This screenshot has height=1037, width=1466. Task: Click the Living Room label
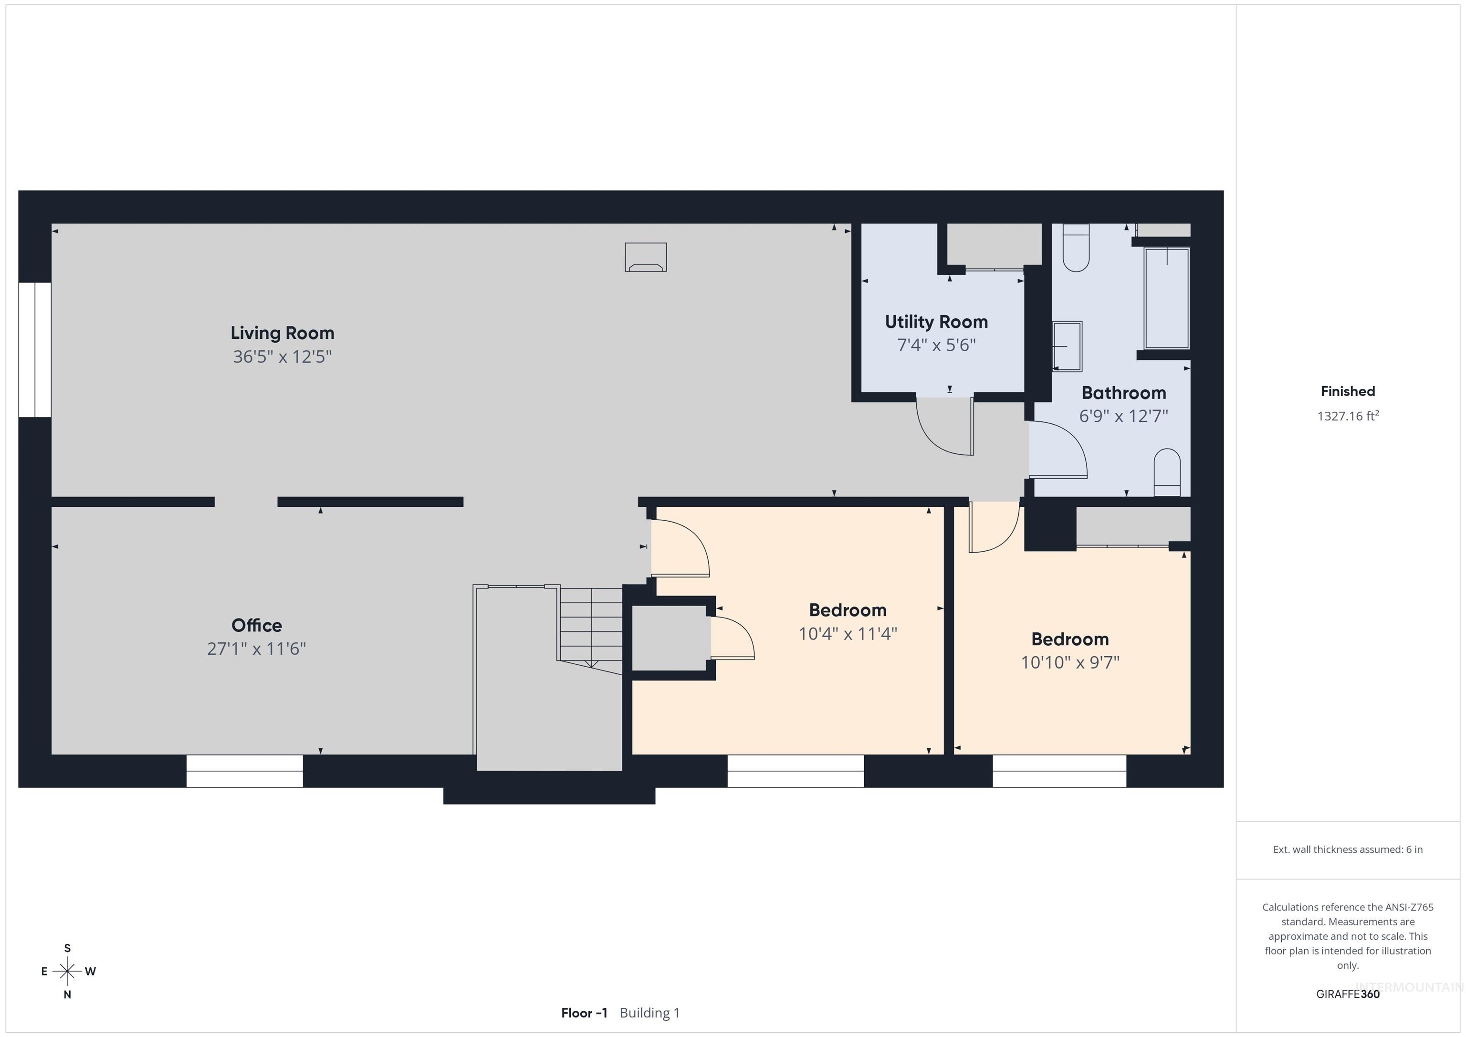(x=282, y=333)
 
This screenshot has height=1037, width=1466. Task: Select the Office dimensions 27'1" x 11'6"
(x=257, y=649)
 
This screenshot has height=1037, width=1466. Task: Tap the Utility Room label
(x=936, y=322)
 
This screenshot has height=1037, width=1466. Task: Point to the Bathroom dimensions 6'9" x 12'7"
(x=1124, y=416)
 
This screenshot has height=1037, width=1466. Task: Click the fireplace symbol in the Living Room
(x=646, y=257)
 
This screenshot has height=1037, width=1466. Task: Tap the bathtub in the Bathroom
(x=1166, y=298)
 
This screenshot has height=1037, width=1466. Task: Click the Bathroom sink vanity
(x=1067, y=346)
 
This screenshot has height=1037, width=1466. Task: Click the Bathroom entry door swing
(x=1058, y=450)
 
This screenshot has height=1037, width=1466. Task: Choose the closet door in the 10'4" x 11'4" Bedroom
(x=733, y=637)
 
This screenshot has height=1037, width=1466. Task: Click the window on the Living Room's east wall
(x=34, y=350)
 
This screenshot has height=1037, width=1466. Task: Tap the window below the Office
(x=244, y=771)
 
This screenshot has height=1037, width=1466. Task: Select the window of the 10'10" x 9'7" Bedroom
(x=1059, y=771)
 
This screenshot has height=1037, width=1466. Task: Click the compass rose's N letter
(x=67, y=994)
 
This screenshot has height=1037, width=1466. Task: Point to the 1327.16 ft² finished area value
(x=1348, y=416)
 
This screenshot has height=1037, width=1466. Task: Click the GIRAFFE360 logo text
(x=1348, y=994)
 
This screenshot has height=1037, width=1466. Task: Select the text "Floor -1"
(x=584, y=1013)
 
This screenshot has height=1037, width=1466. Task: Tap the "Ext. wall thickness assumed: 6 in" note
(x=1348, y=849)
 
